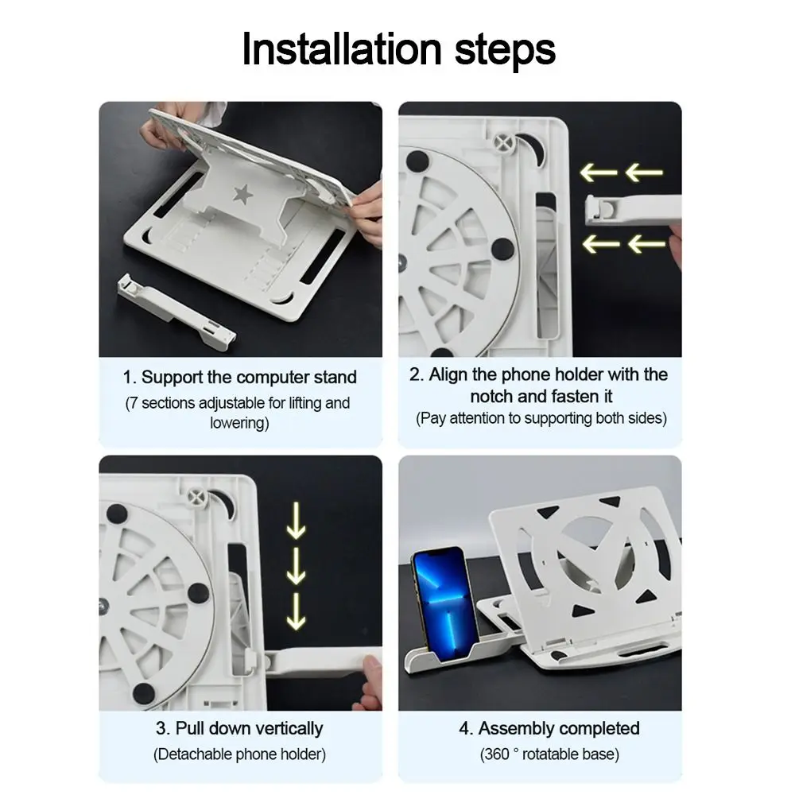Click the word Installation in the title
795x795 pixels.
[x=342, y=48]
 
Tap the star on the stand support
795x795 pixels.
[x=242, y=194]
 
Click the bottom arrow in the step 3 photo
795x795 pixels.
[x=296, y=611]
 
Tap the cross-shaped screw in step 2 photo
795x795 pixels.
[x=504, y=143]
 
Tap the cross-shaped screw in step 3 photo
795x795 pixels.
[x=197, y=497]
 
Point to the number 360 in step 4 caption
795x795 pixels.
[x=496, y=754]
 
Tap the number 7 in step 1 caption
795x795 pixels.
[x=134, y=404]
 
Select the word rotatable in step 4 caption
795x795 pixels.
[x=550, y=754]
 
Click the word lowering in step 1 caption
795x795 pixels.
[x=238, y=424]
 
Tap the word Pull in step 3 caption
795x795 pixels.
[x=189, y=728]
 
